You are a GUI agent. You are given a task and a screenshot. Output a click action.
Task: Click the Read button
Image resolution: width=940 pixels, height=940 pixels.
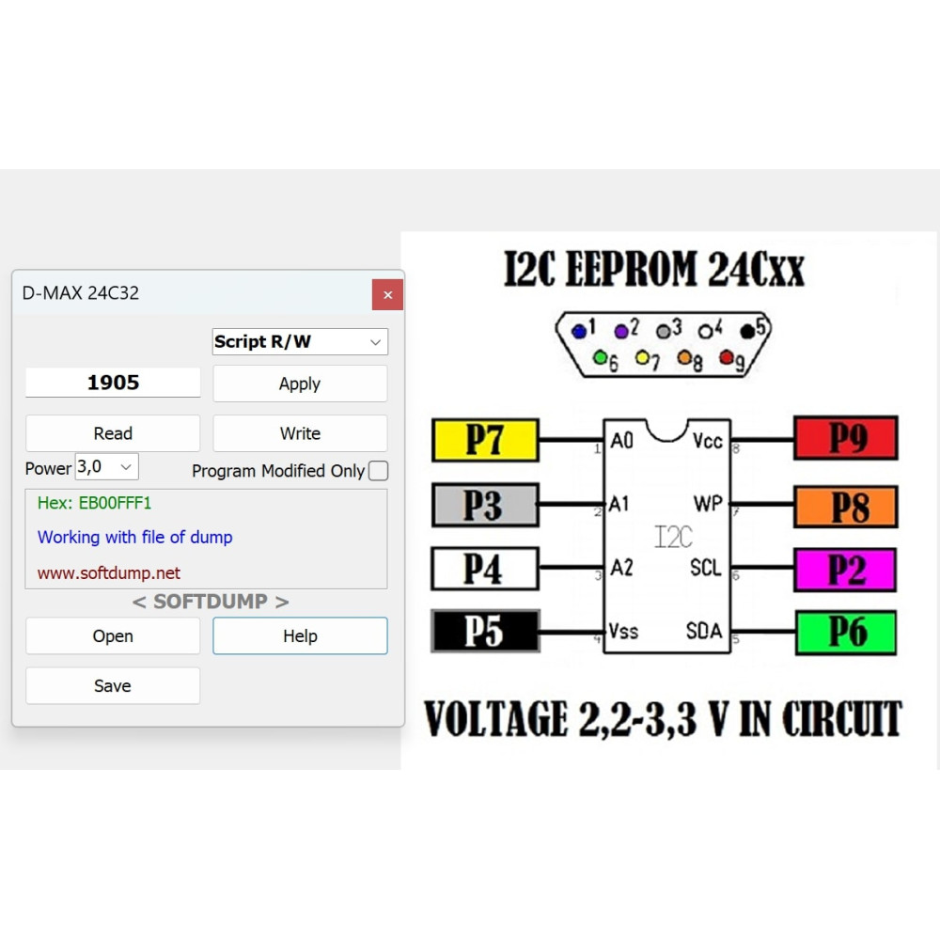click(x=113, y=432)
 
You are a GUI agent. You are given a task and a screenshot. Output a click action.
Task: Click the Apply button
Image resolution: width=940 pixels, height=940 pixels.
click(x=300, y=384)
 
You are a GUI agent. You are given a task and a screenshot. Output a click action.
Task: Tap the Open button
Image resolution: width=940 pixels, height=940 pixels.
click(x=113, y=635)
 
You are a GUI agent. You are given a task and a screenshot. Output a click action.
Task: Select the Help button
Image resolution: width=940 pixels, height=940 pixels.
click(x=300, y=635)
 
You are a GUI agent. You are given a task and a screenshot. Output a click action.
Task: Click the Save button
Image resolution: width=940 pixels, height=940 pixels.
click(x=113, y=685)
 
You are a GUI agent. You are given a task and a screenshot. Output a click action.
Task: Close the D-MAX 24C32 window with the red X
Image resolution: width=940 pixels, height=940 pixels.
click(x=387, y=294)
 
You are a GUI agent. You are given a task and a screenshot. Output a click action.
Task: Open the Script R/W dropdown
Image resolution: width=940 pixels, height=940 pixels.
click(x=300, y=341)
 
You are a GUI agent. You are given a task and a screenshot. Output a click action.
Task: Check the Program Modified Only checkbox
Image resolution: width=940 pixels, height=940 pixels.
click(x=378, y=471)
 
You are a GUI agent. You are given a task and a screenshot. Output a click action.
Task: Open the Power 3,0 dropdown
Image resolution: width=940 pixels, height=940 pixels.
click(x=107, y=466)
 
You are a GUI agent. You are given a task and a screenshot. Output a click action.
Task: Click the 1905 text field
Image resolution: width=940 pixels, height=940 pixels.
click(x=113, y=382)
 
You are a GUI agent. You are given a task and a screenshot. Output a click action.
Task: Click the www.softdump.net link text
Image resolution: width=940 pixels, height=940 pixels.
click(x=108, y=572)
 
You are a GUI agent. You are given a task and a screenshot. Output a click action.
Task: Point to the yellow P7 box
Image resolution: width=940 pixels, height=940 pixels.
click(x=485, y=440)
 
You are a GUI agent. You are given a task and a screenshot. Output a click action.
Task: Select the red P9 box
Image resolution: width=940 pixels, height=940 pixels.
click(x=846, y=438)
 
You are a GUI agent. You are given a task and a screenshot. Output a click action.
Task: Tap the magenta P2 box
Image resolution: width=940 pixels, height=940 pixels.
click(x=845, y=570)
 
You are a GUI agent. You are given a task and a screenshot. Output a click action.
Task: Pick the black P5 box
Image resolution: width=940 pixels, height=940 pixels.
click(x=486, y=631)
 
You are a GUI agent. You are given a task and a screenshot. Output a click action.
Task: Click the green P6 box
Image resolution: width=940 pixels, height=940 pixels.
click(x=846, y=633)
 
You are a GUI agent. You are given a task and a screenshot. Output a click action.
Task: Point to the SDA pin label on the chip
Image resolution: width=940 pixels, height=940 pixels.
click(x=704, y=631)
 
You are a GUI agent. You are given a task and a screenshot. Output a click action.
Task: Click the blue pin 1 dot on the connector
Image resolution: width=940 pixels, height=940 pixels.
click(x=578, y=331)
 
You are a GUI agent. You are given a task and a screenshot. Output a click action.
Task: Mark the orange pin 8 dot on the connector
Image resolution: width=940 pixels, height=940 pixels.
click(x=684, y=358)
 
